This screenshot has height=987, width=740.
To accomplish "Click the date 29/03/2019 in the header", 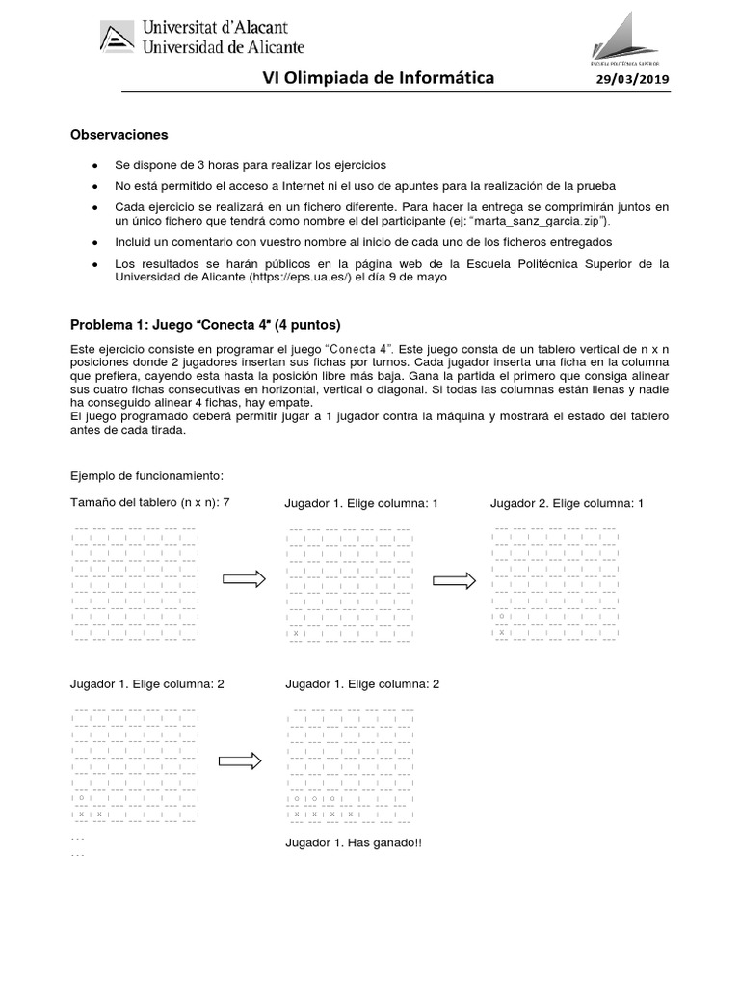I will click(x=632, y=79).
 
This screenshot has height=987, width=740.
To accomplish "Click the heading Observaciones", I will click(x=119, y=135).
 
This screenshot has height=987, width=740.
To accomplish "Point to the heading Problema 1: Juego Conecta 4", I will click(x=206, y=323).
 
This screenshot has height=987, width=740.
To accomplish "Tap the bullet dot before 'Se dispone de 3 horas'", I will click(x=94, y=166).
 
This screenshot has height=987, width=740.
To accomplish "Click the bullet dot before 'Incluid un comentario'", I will click(x=94, y=242).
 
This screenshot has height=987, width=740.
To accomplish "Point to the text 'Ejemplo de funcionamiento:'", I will click(x=146, y=476).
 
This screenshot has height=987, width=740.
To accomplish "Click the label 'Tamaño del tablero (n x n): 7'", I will click(x=150, y=502).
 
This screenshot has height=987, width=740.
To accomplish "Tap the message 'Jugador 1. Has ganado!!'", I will click(x=354, y=842).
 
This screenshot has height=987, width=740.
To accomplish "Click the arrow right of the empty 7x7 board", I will click(x=244, y=578).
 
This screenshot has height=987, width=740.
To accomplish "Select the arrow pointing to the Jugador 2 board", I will click(x=454, y=580).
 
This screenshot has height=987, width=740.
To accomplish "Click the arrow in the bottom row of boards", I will click(x=240, y=760).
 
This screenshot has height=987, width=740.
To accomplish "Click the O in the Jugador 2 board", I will click(x=501, y=616).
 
